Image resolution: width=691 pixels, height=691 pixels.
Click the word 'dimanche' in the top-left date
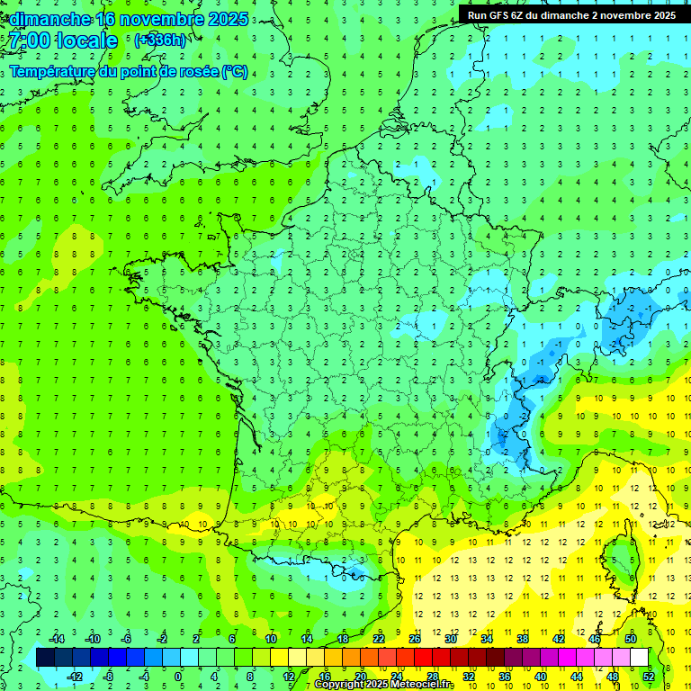[50, 19]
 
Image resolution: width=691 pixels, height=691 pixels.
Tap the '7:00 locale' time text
[64, 40]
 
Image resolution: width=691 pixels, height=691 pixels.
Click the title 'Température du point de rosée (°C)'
[130, 72]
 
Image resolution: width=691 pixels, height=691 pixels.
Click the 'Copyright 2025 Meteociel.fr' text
[384, 685]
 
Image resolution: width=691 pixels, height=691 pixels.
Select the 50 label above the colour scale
[630, 639]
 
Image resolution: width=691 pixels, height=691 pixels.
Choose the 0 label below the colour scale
[178, 677]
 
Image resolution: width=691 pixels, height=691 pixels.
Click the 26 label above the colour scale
[415, 639]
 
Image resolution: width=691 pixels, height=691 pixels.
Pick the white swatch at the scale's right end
[639, 658]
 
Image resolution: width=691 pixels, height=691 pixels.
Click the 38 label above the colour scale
[523, 639]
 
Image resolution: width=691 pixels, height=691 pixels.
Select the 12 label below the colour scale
[289, 677]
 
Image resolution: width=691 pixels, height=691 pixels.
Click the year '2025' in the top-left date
[225, 19]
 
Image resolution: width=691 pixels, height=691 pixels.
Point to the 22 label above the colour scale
[379, 639]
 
